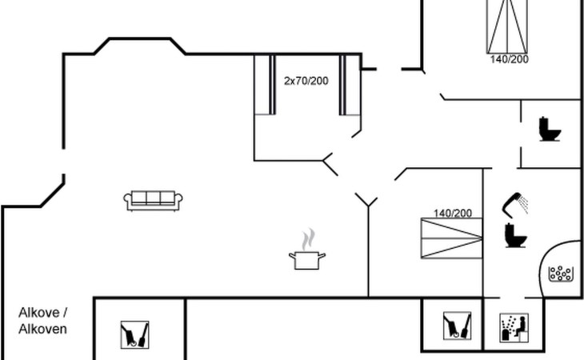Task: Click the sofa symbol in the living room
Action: click(153, 201)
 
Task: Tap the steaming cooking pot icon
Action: click(307, 250)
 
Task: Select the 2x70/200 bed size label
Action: click(306, 81)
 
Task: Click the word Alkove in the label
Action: click(39, 312)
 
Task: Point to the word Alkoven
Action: click(43, 329)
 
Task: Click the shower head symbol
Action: click(514, 205)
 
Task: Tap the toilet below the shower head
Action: click(516, 235)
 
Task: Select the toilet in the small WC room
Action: click(550, 129)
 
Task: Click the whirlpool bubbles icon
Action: click(560, 274)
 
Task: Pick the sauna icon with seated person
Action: click(514, 328)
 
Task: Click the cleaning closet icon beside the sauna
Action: click(457, 326)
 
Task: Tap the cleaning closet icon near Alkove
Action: click(135, 334)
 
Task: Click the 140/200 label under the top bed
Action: click(509, 59)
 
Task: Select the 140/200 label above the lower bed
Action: click(453, 214)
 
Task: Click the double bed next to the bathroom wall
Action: click(452, 238)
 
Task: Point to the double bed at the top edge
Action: click(507, 26)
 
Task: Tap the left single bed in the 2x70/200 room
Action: click(265, 85)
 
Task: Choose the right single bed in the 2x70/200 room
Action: click(350, 86)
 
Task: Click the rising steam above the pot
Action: click(308, 239)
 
